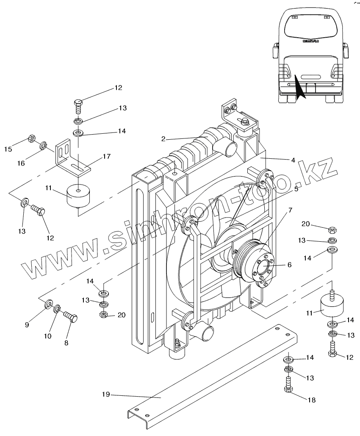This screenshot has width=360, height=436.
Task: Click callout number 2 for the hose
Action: tap(163, 139)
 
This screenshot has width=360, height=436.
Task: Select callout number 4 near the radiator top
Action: tap(293, 160)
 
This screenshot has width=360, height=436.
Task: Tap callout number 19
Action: tap(106, 394)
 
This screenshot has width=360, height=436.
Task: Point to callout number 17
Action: tap(107, 156)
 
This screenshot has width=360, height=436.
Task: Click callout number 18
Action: tap(312, 400)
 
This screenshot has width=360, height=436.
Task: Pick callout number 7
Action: tap(291, 210)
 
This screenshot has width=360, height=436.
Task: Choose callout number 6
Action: tap(289, 265)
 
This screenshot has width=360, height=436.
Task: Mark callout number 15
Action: tap(8, 149)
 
